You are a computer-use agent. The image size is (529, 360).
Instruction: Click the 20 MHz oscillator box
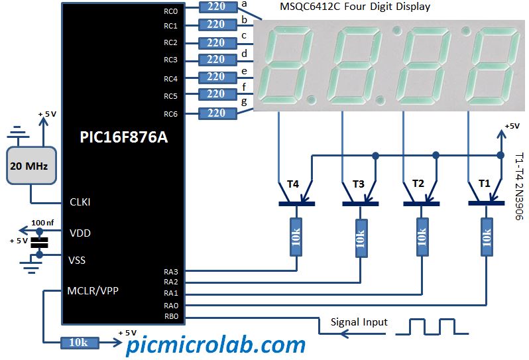point(31,165)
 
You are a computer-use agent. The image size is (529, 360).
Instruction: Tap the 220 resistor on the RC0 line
point(218,7)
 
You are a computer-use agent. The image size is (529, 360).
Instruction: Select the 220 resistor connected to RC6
point(217,113)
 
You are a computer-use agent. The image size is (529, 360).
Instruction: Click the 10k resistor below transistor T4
point(296,237)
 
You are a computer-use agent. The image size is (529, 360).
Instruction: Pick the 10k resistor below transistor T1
point(487,237)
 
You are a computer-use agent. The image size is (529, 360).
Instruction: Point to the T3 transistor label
point(358,184)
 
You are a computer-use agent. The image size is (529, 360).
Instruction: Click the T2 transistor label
point(418,184)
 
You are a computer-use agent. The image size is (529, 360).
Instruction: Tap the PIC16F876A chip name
point(123,137)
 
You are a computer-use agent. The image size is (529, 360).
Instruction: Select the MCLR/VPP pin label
point(93,290)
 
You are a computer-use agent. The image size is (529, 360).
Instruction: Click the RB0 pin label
point(171,316)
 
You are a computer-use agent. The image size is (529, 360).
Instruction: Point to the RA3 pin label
point(171,272)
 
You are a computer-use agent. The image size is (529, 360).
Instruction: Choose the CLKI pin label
point(80,202)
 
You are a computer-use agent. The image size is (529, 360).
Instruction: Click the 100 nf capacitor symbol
point(40,243)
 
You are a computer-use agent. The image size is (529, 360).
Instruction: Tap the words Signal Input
point(359,322)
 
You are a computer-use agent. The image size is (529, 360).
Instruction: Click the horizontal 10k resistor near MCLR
point(80,343)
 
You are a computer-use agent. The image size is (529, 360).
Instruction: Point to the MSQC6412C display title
point(355,7)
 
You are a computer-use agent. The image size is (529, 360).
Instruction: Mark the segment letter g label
point(244,102)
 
